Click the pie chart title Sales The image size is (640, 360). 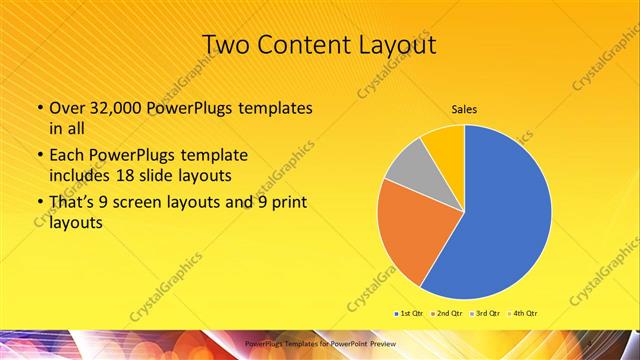coord(463,109)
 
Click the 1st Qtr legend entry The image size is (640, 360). coord(410,314)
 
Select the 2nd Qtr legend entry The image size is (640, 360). coord(445,314)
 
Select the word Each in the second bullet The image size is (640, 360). coord(66,156)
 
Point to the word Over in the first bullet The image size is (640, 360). coord(68,107)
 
